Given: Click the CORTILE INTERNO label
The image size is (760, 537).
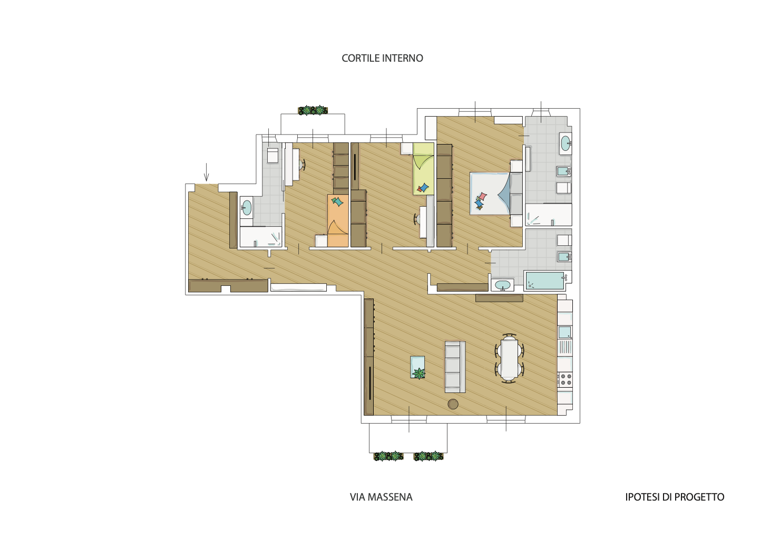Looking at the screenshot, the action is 383,58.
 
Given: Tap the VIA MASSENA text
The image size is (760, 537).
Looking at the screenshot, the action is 381,497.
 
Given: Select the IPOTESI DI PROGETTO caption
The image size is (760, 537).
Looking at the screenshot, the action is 675,497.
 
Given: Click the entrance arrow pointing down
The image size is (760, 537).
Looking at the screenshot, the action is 206,172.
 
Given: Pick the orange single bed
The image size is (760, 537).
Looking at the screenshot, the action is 338,220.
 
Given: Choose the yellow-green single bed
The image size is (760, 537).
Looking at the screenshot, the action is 423,169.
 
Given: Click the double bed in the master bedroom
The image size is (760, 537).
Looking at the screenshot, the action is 496,193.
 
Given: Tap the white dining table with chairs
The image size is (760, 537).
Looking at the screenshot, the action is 510,358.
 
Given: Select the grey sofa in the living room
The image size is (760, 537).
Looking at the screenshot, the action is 455,367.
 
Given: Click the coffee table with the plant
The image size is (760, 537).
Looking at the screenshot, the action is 417,367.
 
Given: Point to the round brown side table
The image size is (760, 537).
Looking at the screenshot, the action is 453,404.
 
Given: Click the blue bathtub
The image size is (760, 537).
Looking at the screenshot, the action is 544,281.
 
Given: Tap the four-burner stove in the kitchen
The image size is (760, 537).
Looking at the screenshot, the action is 564,379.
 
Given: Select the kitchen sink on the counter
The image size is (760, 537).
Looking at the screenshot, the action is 564,332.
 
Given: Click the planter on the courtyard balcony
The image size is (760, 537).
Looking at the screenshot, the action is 313,110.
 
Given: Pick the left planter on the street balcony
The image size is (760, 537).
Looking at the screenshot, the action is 388,456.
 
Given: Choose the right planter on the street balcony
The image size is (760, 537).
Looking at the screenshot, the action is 428,456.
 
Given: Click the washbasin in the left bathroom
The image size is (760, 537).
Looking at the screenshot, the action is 246,207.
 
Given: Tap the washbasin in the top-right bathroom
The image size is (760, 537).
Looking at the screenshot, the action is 566,143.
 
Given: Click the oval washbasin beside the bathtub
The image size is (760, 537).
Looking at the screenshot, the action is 502,285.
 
